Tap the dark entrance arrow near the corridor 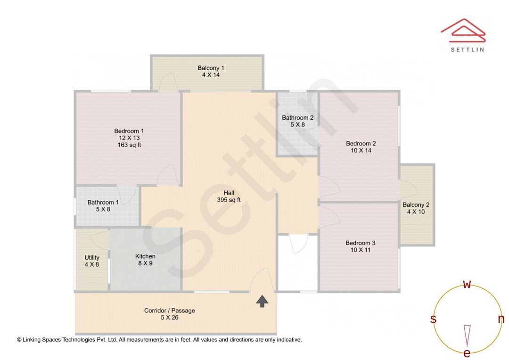[263, 301]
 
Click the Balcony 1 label [208, 68]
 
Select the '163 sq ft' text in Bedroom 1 [129, 145]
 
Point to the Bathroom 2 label [297, 118]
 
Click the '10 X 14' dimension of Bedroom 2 [361, 150]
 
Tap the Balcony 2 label [416, 205]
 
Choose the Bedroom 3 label [361, 243]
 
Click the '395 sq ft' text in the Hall [229, 200]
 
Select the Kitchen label [145, 256]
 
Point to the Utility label [92, 258]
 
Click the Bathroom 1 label [103, 203]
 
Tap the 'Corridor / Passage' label [169, 311]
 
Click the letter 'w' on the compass [467, 285]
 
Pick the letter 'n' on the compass [501, 319]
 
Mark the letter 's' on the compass [433, 319]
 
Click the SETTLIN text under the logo [467, 49]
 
